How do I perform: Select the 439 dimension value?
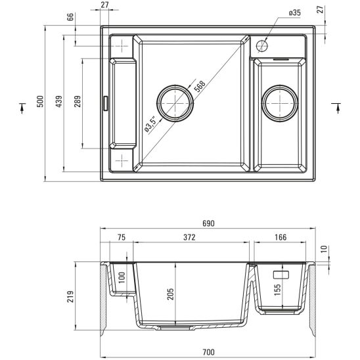click(x=60, y=101)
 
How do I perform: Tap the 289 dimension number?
click(x=78, y=102)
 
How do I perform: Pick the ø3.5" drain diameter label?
click(x=150, y=124)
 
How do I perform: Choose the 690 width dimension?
click(x=208, y=224)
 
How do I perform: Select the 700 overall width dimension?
click(x=208, y=353)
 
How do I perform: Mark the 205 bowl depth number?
click(x=171, y=294)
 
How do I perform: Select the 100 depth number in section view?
click(x=122, y=277)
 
